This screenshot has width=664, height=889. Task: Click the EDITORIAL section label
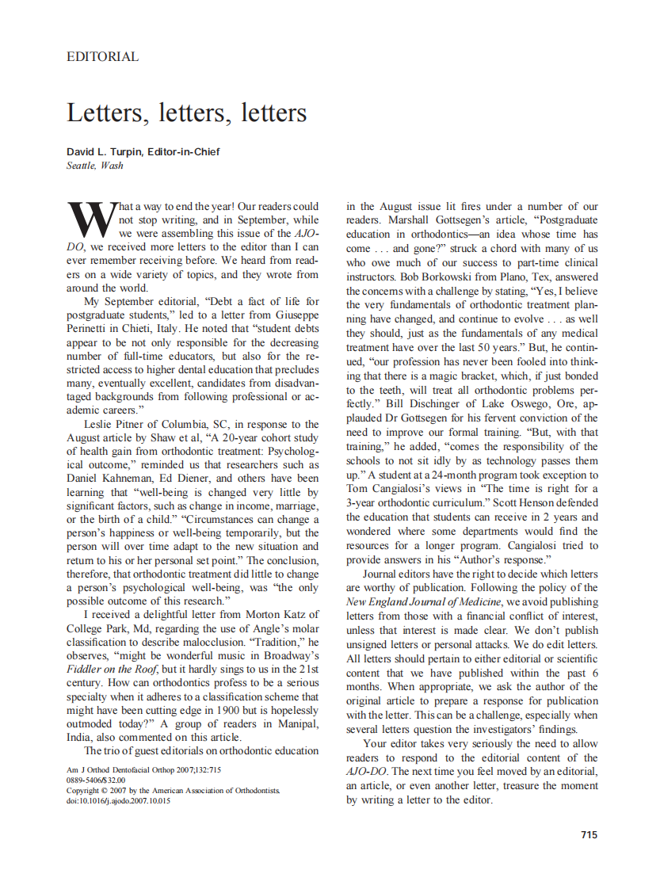(x=102, y=57)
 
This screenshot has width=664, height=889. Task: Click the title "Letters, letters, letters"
(x=186, y=113)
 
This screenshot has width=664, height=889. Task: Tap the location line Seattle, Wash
(x=95, y=166)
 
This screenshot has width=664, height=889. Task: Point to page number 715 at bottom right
(x=589, y=834)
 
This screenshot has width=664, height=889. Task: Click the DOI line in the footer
(x=118, y=801)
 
